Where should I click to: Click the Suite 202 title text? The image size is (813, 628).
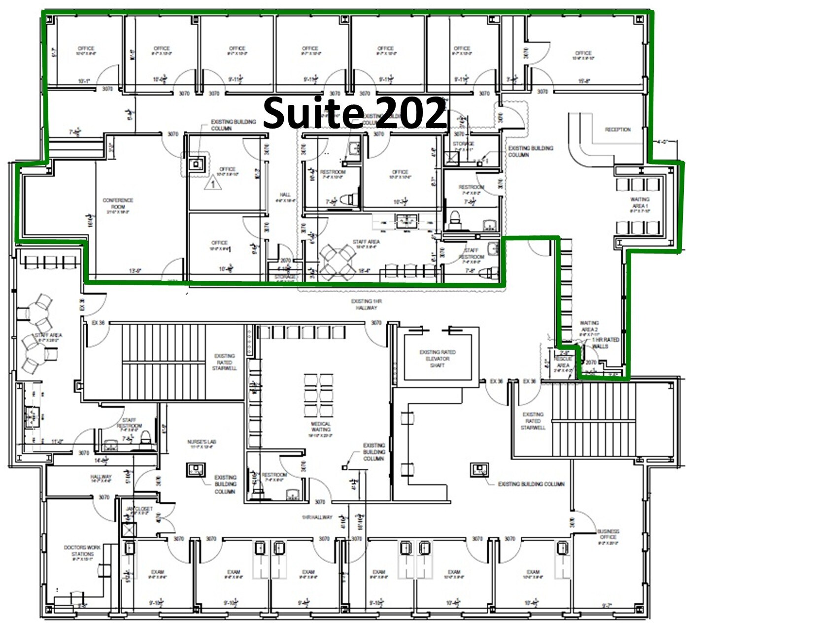(355, 112)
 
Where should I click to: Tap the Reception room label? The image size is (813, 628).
(617, 130)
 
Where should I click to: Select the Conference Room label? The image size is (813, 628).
(118, 203)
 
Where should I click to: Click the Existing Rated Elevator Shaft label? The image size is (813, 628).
(437, 359)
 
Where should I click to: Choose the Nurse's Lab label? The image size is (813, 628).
(201, 443)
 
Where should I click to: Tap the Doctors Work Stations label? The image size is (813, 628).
(82, 551)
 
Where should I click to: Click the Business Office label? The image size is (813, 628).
(608, 534)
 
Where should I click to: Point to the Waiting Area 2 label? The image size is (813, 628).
(589, 326)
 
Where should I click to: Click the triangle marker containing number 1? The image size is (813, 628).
(213, 184)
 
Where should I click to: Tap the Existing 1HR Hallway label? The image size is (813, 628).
(366, 304)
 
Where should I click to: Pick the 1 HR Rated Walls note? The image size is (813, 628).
(605, 343)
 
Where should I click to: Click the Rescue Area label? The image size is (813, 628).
(563, 362)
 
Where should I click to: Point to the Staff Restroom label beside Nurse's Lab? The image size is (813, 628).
(129, 423)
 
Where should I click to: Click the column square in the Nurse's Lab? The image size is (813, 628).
(196, 469)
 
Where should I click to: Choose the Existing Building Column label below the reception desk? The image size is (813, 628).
(530, 151)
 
